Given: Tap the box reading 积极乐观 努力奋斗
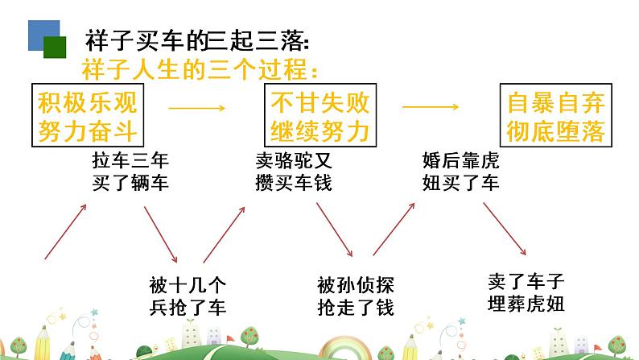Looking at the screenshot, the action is (x=88, y=115).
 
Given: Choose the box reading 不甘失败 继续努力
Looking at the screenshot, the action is (x=319, y=115).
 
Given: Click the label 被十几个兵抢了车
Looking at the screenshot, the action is (x=188, y=296).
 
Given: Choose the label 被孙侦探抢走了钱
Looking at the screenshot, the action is (x=356, y=296).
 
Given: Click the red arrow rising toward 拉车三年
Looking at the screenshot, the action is (x=65, y=231).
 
